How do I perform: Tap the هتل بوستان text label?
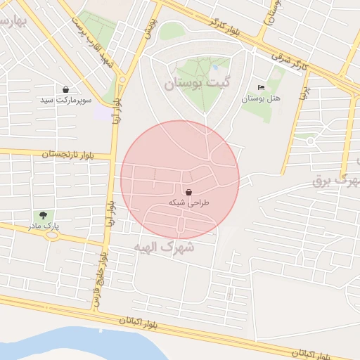pyautogui.click(x=261, y=99)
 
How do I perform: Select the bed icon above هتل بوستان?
pyautogui.click(x=261, y=88)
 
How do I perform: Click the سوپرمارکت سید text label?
pyautogui.click(x=66, y=101)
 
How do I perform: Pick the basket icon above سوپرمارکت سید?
pyautogui.click(x=66, y=90)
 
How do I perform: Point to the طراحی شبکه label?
pyautogui.click(x=187, y=202)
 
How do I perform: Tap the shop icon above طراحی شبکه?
pyautogui.click(x=188, y=191)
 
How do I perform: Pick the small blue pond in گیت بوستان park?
pyautogui.click(x=214, y=67)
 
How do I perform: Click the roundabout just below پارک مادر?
pyautogui.click(x=51, y=236)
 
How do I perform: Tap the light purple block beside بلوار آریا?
pyautogui.click(x=103, y=112)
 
